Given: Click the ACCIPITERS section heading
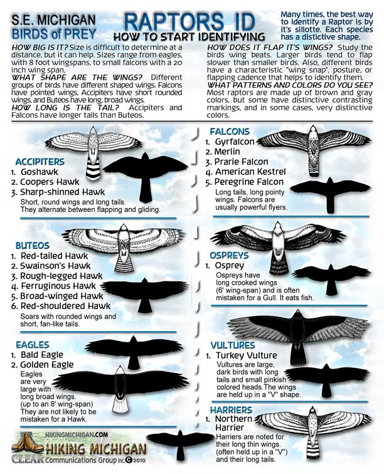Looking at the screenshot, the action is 40,162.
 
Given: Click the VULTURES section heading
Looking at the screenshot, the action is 233,345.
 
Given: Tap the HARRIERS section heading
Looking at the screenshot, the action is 231,410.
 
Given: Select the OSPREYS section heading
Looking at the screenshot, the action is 229,255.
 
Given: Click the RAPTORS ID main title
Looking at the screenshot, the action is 189,22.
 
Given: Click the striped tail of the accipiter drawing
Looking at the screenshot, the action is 93,168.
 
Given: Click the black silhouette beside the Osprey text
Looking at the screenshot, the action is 331,277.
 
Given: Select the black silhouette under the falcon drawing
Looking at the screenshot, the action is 330,194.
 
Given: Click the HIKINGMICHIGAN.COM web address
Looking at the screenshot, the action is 77,434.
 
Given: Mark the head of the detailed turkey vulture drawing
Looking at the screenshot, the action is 298,313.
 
